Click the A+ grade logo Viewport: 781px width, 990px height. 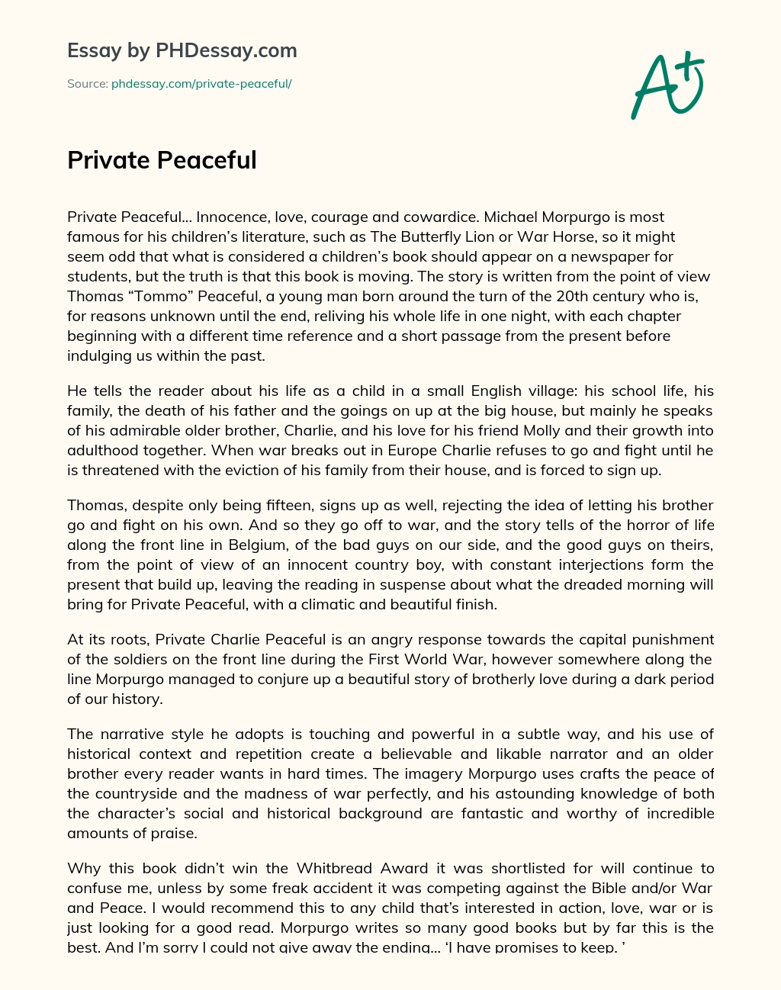(667, 85)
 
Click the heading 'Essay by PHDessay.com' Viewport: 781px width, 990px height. (182, 51)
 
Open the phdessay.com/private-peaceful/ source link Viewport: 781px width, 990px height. (201, 84)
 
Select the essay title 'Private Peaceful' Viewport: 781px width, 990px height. (162, 160)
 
